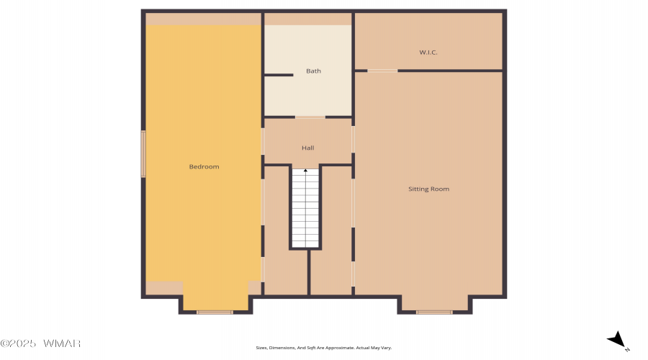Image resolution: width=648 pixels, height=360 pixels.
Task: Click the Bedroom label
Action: coord(204,166)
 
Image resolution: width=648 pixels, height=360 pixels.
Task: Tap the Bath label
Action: coord(313,71)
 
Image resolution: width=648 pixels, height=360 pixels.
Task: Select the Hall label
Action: coord(308,148)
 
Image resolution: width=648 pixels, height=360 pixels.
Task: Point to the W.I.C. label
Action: coord(428,52)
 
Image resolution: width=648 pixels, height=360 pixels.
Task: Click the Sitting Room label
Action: coord(428,189)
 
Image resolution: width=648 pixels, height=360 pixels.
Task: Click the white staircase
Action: coord(306,208)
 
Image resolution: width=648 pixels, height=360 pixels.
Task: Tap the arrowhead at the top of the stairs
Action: coord(305,171)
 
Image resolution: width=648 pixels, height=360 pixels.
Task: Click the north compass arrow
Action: coord(616,339)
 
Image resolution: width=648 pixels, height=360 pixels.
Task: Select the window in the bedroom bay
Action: coord(215,312)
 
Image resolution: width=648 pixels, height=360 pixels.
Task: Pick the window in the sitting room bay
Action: coord(434,312)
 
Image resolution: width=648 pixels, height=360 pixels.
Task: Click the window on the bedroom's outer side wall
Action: coord(143,154)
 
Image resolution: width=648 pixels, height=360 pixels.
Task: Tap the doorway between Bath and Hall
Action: coord(310,117)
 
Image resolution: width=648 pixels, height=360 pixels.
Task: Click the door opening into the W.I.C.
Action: coord(382,71)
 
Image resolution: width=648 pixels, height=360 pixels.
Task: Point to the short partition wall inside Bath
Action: coord(278,75)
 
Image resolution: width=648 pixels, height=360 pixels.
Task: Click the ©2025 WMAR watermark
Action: coord(40,343)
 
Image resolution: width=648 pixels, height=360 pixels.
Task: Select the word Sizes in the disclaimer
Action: coord(261,348)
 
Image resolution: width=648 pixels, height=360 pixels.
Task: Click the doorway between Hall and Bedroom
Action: coord(263,141)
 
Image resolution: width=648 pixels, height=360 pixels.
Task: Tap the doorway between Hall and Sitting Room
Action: coord(353,140)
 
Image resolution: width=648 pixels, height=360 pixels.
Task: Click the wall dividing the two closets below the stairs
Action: coord(309,272)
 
